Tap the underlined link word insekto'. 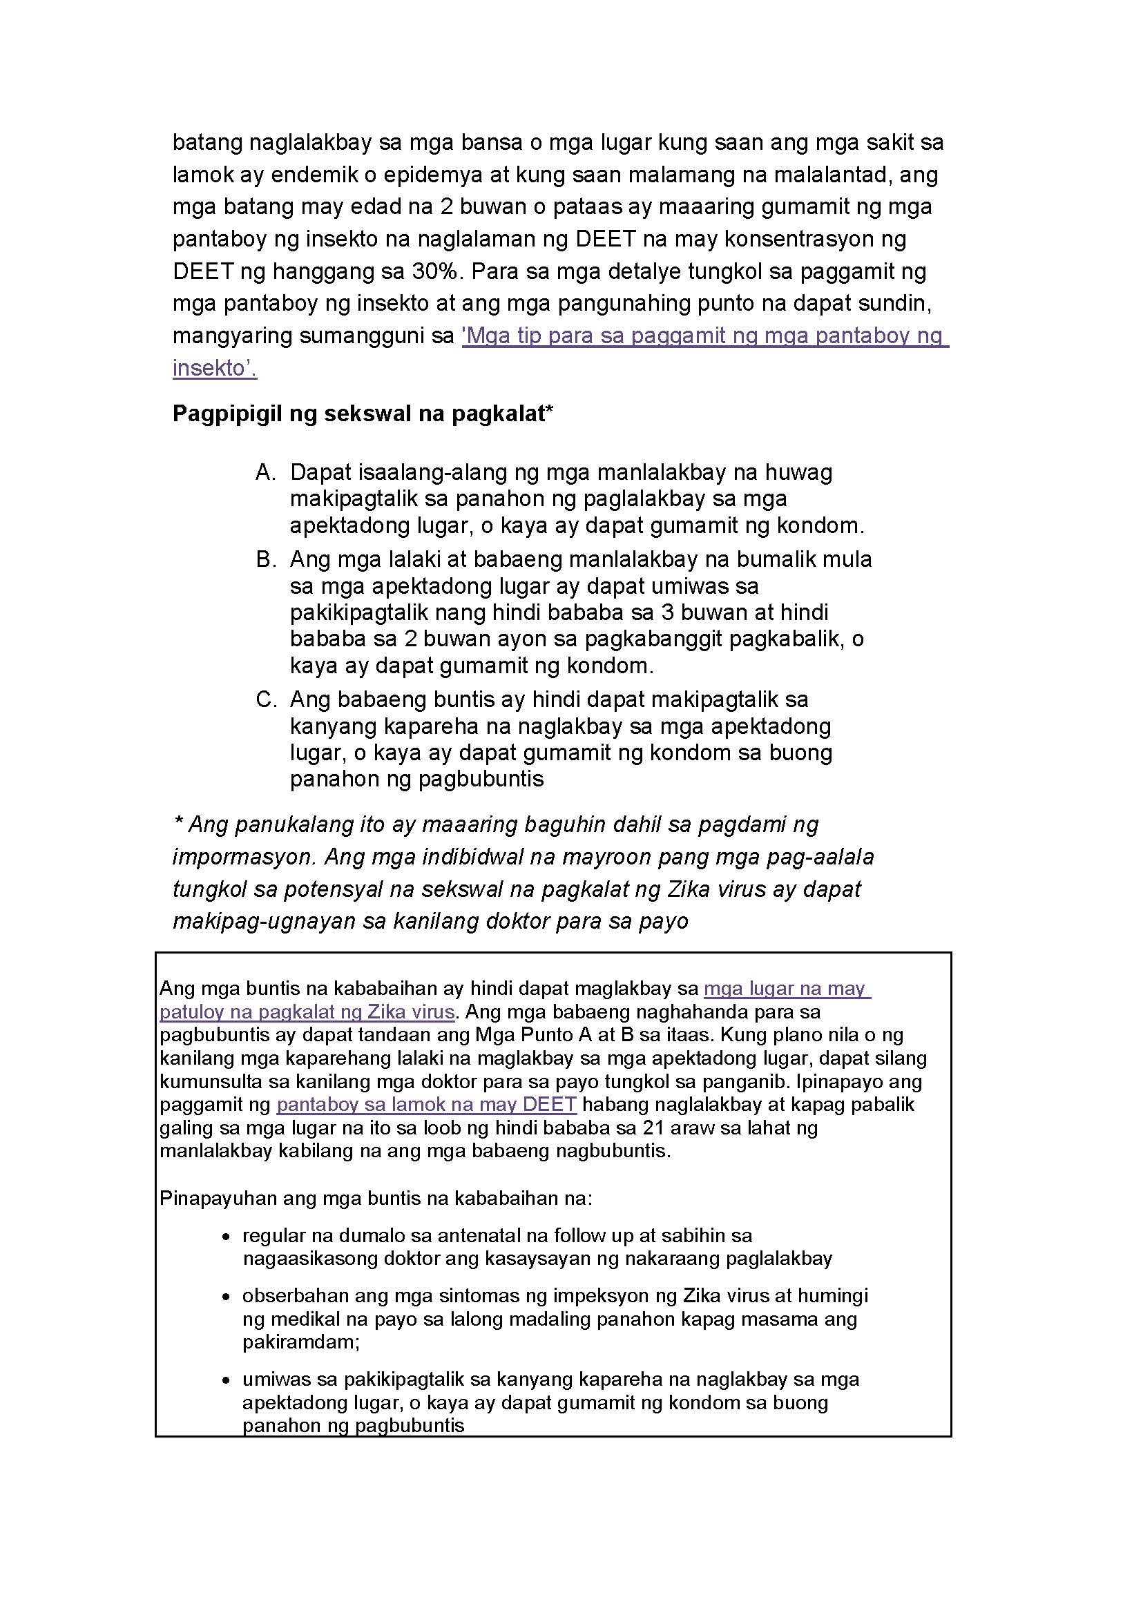(x=215, y=368)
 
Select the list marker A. (x=265, y=472)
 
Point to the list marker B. (x=265, y=559)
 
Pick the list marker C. (x=265, y=699)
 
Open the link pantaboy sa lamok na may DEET (x=427, y=1104)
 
